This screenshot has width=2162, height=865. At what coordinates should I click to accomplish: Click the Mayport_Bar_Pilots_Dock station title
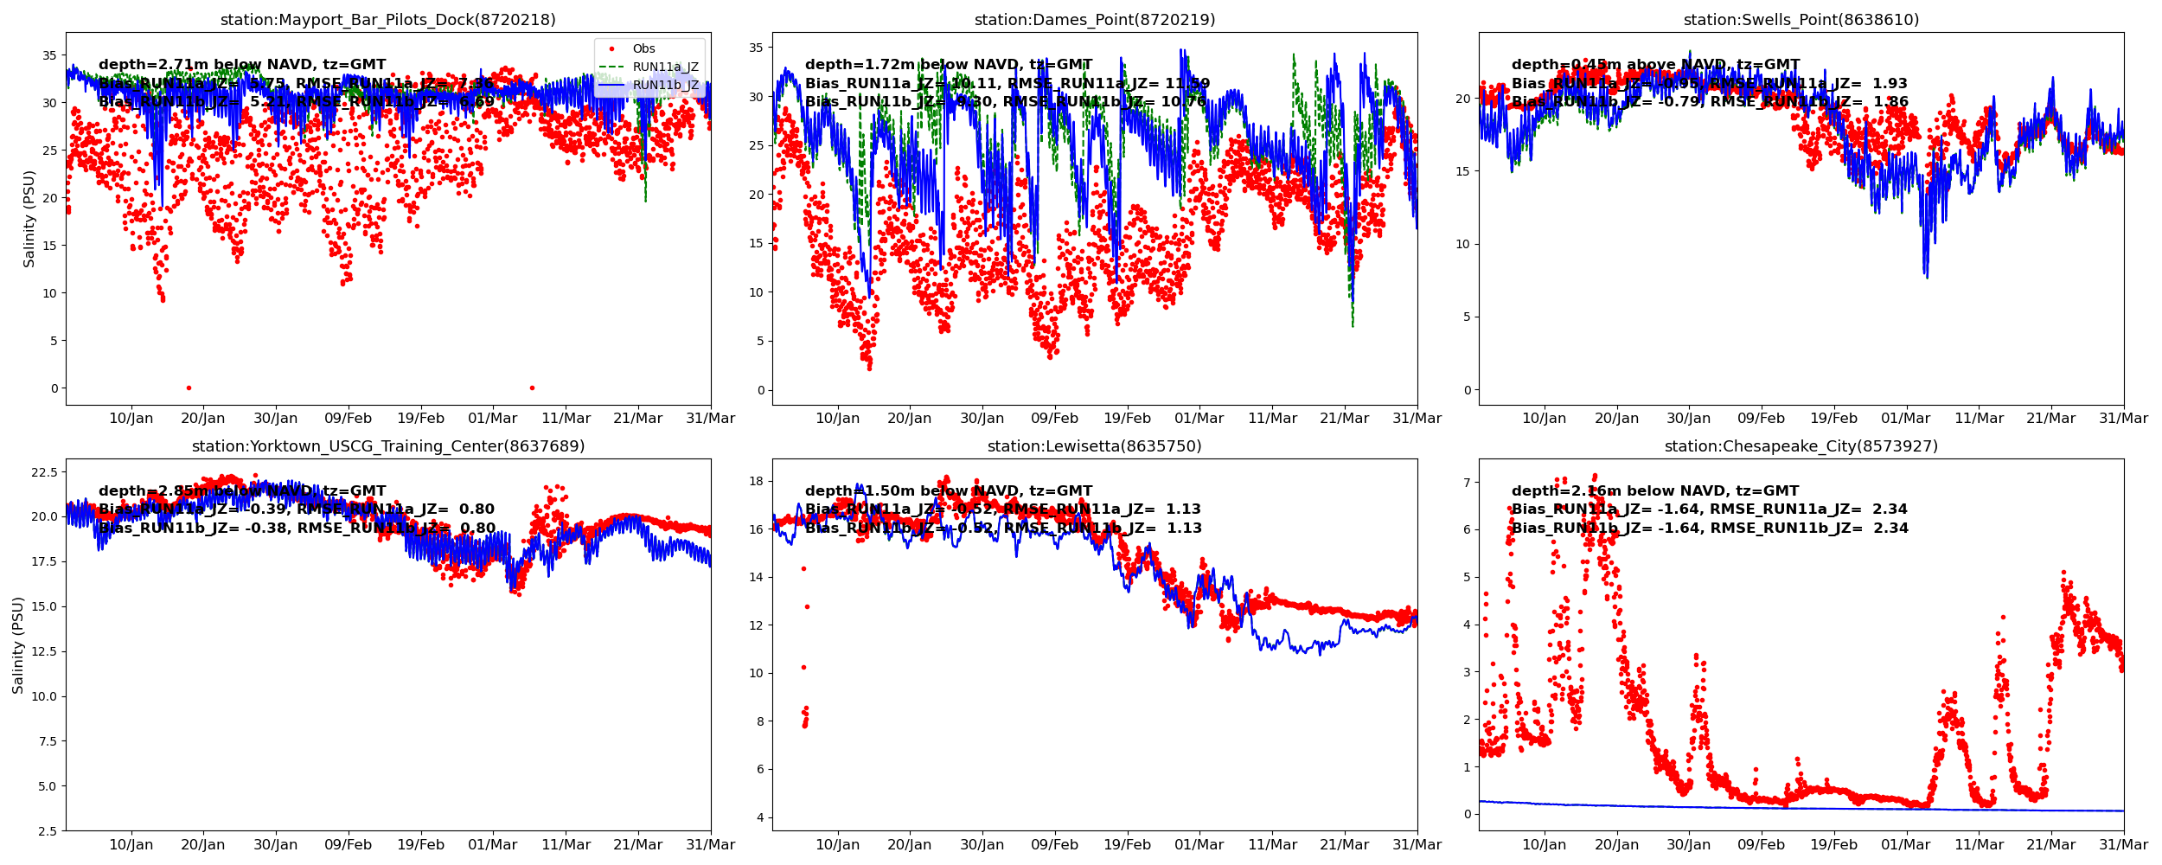click(388, 20)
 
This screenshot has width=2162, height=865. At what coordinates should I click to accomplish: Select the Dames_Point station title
click(1095, 20)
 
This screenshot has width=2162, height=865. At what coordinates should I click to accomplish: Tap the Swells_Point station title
click(1801, 20)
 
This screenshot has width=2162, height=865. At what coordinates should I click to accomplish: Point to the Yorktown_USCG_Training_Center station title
click(388, 446)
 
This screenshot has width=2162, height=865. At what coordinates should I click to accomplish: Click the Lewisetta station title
click(1095, 446)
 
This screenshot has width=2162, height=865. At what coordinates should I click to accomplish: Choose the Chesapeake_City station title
click(1801, 446)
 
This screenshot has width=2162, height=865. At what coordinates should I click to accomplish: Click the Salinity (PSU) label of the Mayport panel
click(29, 219)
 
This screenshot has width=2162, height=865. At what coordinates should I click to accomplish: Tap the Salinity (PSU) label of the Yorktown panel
click(18, 645)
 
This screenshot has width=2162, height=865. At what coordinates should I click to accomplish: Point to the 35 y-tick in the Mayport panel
click(49, 55)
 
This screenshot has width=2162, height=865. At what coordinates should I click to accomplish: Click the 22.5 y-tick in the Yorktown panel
click(44, 472)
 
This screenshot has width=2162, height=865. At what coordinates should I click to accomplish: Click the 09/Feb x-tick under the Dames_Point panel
click(1054, 419)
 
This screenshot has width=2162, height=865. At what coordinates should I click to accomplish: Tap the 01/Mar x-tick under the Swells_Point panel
click(1906, 419)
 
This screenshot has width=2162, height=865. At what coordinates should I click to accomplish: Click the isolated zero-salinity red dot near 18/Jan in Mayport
click(189, 388)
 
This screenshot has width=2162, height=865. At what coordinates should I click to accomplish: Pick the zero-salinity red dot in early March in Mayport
click(532, 388)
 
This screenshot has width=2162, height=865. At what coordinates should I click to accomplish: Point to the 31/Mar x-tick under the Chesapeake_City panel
click(2123, 845)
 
